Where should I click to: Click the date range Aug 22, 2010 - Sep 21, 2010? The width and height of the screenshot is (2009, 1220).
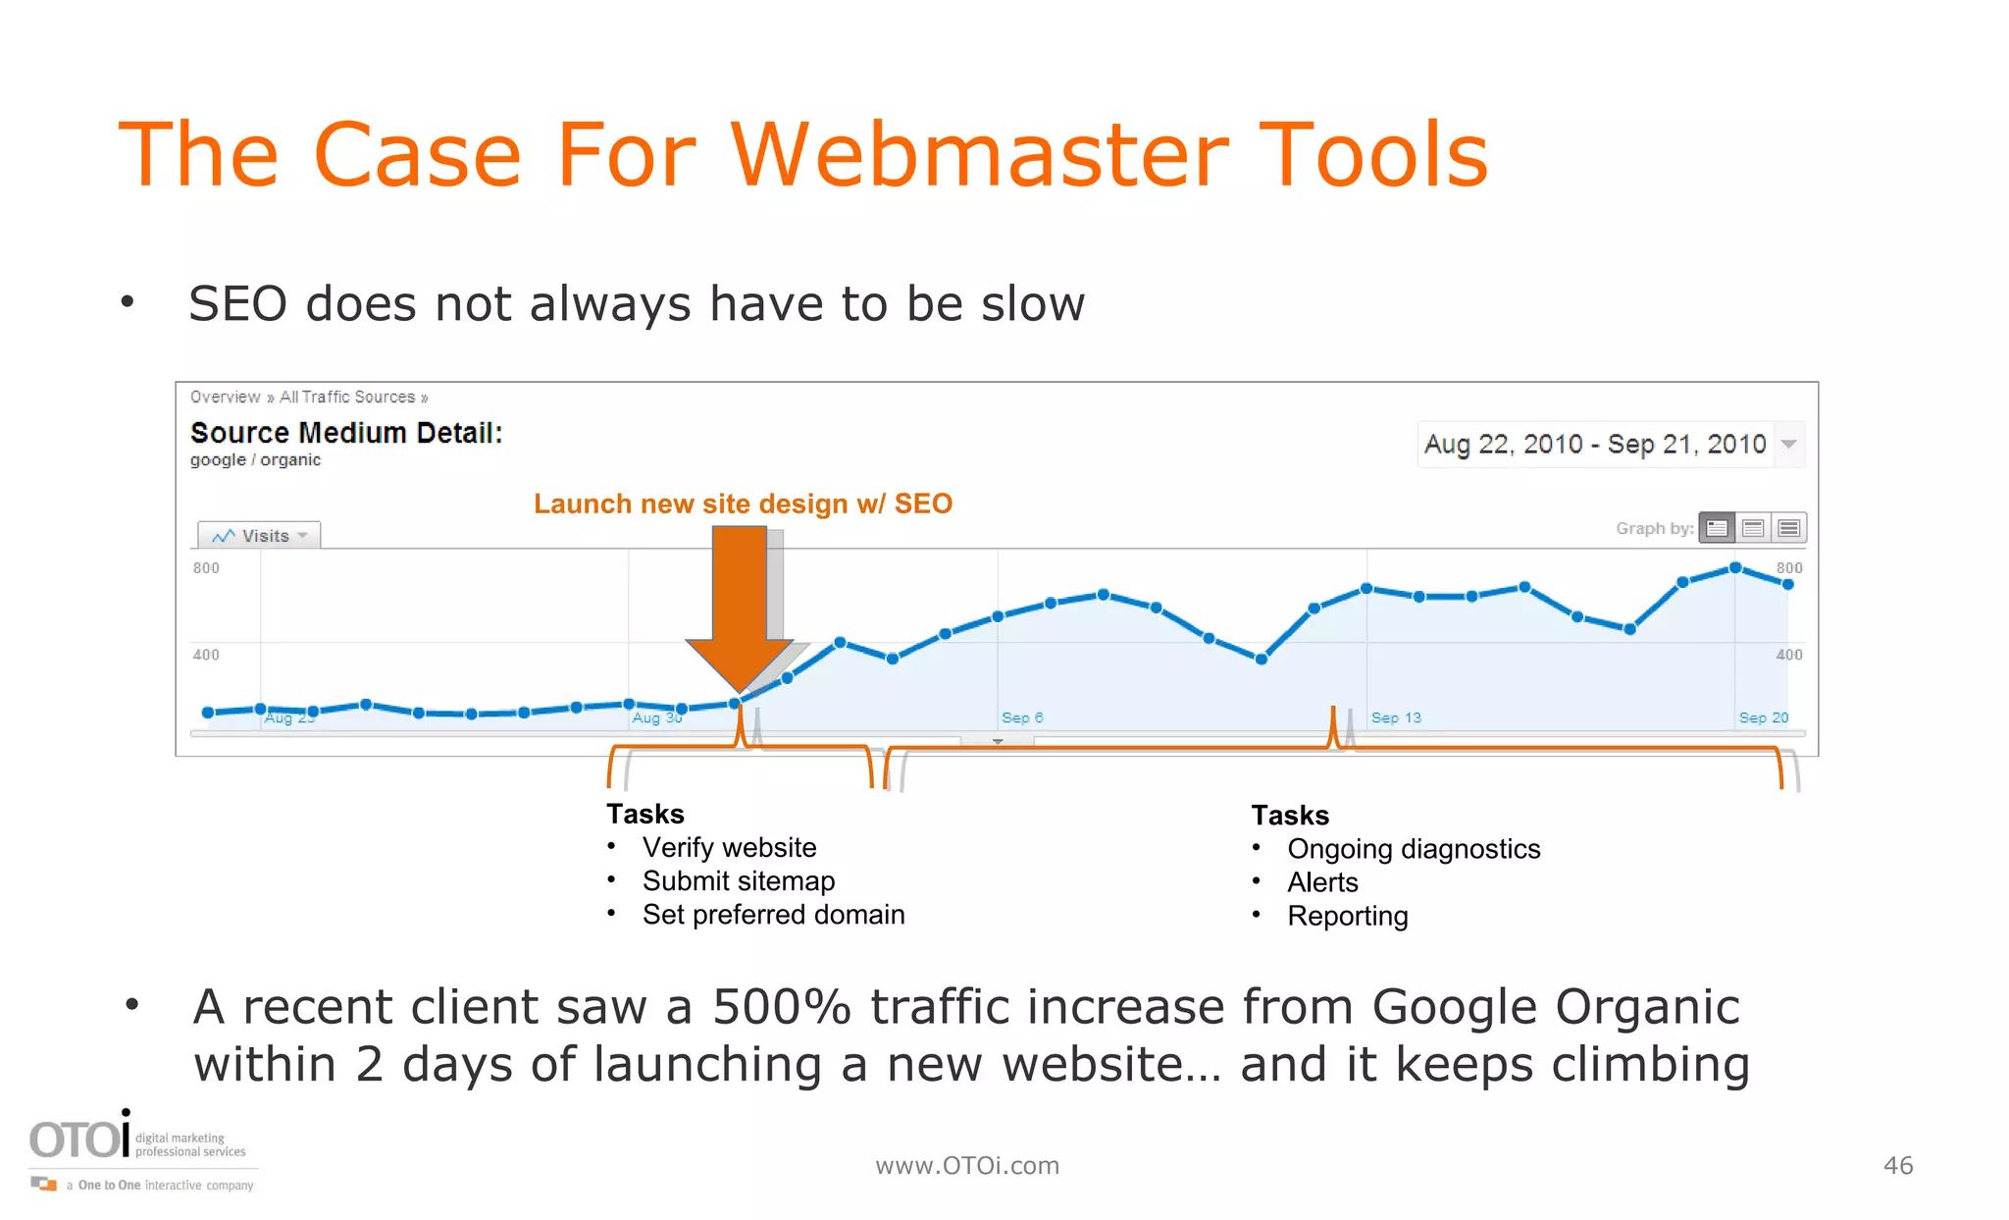[1595, 445]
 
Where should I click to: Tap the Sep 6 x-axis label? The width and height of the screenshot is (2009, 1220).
[1022, 717]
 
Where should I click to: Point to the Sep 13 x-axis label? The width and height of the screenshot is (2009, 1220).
[1396, 717]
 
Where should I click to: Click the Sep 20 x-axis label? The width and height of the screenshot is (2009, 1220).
[1764, 717]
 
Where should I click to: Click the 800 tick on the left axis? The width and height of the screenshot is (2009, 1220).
[206, 568]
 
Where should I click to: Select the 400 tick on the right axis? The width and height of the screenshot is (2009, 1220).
[1789, 655]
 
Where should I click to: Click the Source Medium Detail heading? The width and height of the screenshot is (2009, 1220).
[346, 433]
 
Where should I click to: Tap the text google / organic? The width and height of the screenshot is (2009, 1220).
[255, 460]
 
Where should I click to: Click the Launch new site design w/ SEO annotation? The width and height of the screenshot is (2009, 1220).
[743, 504]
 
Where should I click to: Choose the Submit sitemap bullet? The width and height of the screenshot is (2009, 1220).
[739, 881]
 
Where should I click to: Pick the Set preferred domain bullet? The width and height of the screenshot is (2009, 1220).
[773, 915]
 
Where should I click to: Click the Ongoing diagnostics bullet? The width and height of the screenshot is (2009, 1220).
[1414, 849]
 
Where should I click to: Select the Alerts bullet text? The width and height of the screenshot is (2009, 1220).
[1322, 882]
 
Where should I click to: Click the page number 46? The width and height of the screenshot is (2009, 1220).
[1898, 1165]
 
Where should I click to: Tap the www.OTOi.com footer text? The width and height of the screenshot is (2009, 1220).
[967, 1165]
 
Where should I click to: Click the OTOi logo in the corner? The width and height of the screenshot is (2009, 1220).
[80, 1139]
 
